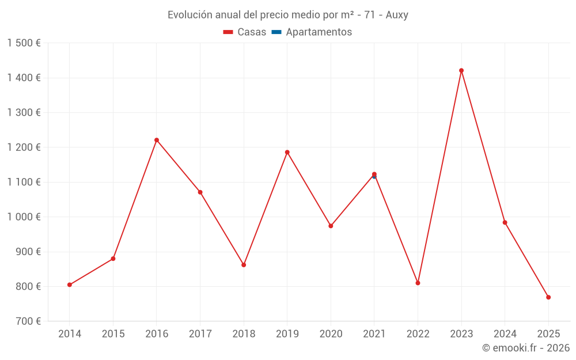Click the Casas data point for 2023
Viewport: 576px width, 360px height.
point(461,70)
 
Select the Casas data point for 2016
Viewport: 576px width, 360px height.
point(157,140)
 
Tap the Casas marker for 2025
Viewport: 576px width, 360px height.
point(548,297)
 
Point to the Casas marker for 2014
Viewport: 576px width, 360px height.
point(70,285)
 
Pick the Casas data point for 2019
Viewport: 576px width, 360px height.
point(287,152)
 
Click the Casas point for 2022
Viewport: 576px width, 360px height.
point(418,283)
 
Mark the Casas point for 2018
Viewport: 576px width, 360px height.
point(244,265)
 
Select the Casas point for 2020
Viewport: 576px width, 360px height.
point(331,226)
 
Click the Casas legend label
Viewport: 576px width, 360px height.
point(252,32)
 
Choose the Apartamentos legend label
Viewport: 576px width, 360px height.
point(319,32)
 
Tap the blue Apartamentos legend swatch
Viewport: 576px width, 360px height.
point(276,32)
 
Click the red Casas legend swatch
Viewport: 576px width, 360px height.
point(228,32)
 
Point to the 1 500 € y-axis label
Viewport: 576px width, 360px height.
point(24,43)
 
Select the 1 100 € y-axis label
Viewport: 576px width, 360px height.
point(24,182)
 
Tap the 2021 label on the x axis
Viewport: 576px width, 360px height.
point(374,334)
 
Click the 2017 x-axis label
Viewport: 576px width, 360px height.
point(200,334)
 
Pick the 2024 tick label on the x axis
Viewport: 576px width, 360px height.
point(505,334)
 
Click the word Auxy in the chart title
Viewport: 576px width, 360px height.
point(397,15)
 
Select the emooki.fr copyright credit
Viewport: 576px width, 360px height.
point(526,348)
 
